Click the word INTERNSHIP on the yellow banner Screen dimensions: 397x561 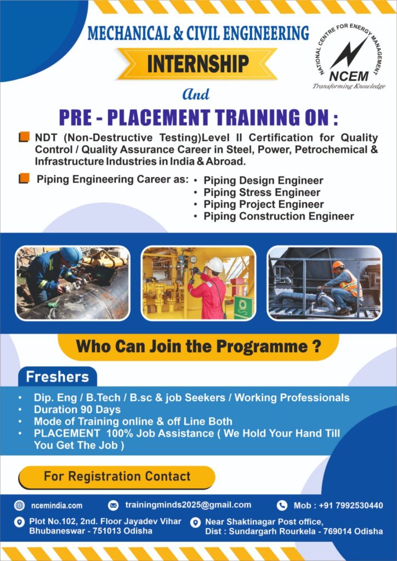pos(198,63)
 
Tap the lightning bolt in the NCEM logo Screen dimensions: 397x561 pos(348,54)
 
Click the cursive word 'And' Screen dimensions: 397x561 pos(196,94)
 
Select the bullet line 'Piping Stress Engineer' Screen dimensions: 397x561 pos(262,192)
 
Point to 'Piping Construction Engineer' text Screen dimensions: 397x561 pos(279,216)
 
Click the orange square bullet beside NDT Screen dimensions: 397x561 pos(24,138)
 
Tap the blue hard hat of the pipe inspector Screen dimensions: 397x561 pos(71,255)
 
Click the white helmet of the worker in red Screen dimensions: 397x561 pos(215,265)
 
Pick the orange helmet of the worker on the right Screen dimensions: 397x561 pos(338,265)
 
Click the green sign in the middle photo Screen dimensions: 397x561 pos(243,307)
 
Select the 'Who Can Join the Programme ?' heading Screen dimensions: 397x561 pos(198,347)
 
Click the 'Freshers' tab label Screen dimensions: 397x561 pos(57,377)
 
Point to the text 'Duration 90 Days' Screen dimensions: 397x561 pos(77,409)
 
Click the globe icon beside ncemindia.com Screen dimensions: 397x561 pos(19,505)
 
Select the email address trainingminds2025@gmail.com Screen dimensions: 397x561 pos(188,505)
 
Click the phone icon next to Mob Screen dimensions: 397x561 pos(282,505)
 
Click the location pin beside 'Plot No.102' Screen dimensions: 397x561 pos(19,522)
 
